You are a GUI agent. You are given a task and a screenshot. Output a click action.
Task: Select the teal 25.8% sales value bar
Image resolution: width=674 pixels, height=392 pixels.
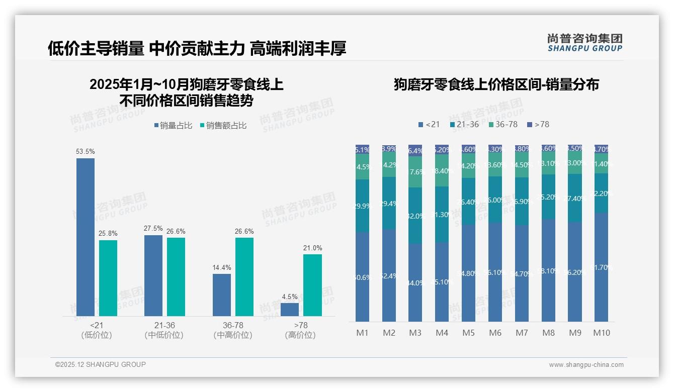point(108,278)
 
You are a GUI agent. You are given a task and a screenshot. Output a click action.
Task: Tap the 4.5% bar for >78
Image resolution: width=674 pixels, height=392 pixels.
point(289,310)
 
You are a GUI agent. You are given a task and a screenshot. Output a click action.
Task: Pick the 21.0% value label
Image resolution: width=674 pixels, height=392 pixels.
point(312,248)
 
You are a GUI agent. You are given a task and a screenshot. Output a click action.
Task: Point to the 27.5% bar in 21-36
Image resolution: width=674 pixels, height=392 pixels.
point(153,275)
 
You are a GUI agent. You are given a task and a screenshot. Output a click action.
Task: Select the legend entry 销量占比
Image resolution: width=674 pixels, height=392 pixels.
point(173,126)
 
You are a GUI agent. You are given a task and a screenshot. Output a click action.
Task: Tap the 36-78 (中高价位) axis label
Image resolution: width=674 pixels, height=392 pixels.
point(233,330)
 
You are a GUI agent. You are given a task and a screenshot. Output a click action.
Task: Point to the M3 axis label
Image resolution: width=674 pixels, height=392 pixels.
point(415,333)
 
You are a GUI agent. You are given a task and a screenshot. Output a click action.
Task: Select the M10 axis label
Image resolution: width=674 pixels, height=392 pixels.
point(601,333)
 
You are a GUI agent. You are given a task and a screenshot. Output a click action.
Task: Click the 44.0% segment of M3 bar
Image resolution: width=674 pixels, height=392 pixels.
point(415,283)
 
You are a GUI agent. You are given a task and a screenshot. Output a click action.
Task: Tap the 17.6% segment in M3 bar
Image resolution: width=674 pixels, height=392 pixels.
point(415,172)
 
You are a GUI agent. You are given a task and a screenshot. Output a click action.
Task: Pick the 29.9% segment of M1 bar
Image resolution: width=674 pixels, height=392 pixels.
point(362,206)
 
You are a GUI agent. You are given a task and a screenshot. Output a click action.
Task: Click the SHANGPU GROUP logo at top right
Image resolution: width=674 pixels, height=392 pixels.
point(584,43)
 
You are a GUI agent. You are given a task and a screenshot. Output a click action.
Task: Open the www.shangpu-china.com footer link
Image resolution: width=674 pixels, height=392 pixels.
point(586,365)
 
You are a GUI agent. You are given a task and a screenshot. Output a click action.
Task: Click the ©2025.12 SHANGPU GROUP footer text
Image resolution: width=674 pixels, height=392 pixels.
point(101,364)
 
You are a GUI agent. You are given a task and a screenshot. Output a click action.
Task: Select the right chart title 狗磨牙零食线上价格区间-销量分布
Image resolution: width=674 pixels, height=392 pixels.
point(496,84)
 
